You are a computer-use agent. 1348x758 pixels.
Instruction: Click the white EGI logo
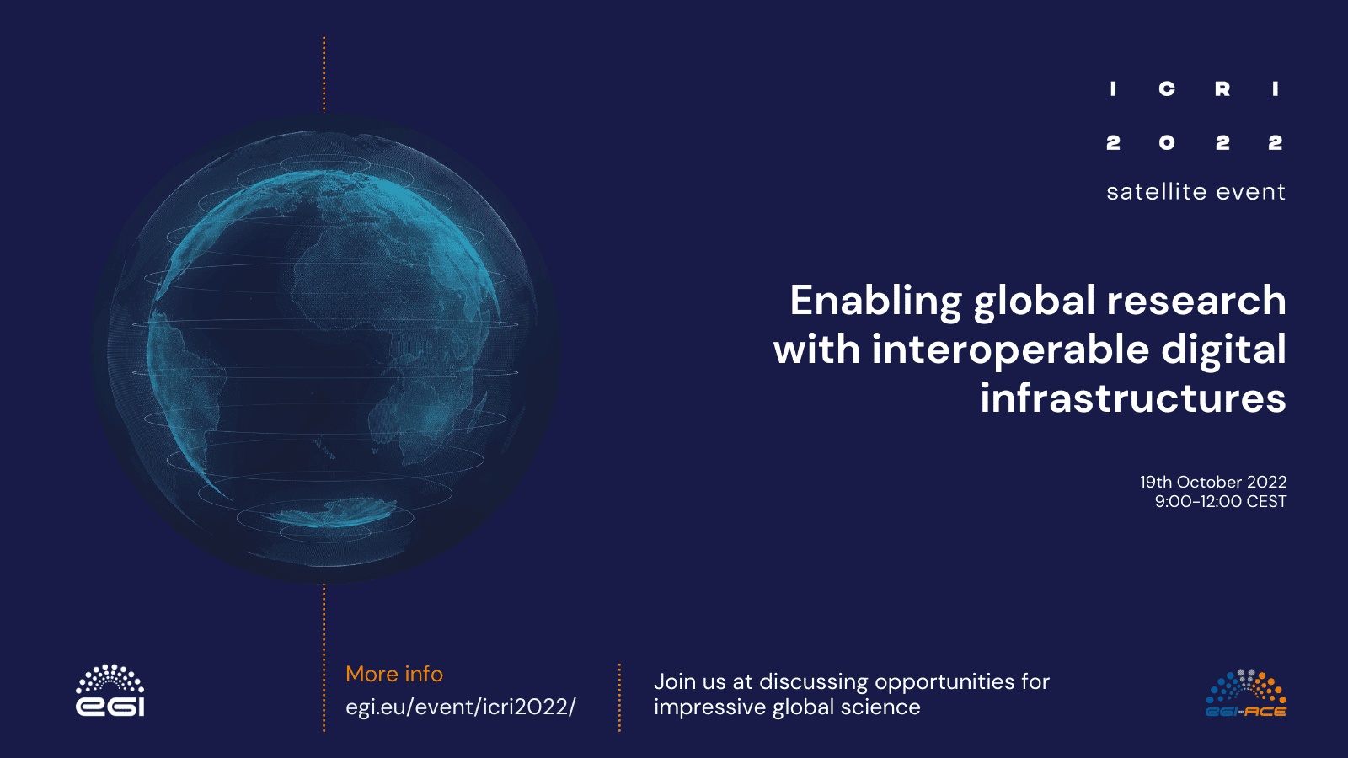coord(110,690)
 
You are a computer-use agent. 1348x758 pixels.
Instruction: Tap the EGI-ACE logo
coord(1246,693)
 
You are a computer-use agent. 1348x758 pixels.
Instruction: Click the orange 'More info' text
coord(394,674)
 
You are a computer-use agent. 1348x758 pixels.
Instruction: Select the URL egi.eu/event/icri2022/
coord(460,707)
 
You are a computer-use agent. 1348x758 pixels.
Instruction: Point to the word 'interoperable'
coord(1010,350)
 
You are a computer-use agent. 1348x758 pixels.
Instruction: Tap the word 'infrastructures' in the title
coord(1133,398)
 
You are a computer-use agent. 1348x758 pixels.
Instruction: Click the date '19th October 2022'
coord(1213,482)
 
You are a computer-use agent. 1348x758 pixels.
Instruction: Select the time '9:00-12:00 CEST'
coord(1221,501)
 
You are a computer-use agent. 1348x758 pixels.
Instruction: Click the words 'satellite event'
coord(1196,192)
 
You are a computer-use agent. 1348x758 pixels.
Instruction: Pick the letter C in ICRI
coord(1167,89)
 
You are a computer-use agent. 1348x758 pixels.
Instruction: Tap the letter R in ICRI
coord(1222,89)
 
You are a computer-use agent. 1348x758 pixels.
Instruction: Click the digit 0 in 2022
coord(1167,142)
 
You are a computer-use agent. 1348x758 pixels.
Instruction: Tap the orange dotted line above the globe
coord(324,74)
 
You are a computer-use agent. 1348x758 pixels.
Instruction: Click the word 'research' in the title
coord(1196,300)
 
